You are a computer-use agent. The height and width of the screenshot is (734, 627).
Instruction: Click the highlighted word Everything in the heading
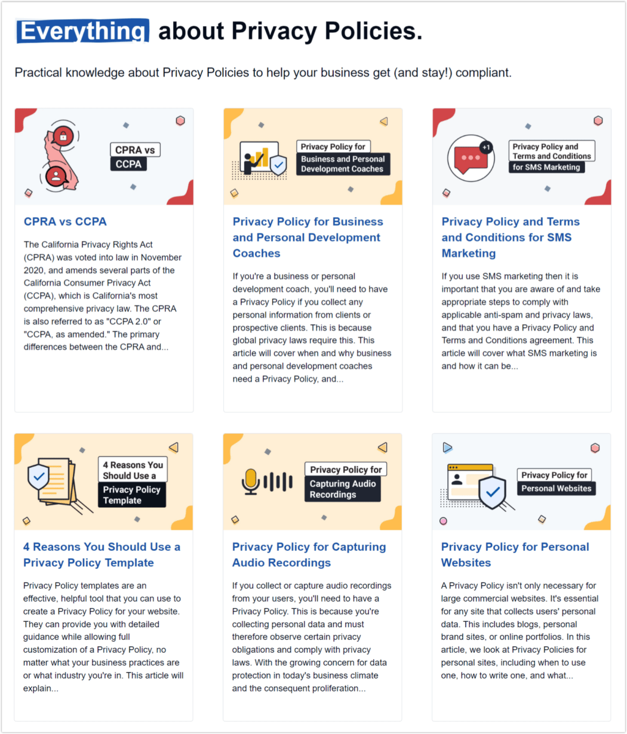pyautogui.click(x=82, y=31)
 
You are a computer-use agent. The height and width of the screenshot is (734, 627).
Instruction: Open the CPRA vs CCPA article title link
pyautogui.click(x=65, y=221)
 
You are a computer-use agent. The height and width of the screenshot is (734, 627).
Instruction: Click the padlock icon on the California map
pyautogui.click(x=61, y=136)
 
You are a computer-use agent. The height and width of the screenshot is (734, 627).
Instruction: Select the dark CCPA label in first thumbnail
pyautogui.click(x=128, y=164)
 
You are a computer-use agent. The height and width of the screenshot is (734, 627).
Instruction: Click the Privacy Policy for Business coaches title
pyautogui.click(x=308, y=238)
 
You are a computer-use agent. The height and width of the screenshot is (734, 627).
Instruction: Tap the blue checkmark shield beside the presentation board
pyautogui.click(x=278, y=165)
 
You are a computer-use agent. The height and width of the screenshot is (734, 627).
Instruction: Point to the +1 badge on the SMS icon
pyautogui.click(x=486, y=147)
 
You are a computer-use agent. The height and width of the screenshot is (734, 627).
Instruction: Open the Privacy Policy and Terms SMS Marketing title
pyautogui.click(x=511, y=238)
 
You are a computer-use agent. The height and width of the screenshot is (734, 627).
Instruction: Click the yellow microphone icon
pyautogui.click(x=250, y=480)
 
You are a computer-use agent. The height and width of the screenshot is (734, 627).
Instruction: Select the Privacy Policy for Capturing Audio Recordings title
pyautogui.click(x=309, y=554)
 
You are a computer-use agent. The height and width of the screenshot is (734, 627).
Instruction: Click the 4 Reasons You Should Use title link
pyautogui.click(x=102, y=554)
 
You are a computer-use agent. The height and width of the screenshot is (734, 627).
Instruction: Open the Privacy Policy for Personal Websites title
pyautogui.click(x=515, y=554)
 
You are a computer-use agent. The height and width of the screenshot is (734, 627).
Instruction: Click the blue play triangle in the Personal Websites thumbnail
pyautogui.click(x=447, y=447)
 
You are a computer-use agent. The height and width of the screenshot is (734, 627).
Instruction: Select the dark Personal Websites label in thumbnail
pyautogui.click(x=556, y=488)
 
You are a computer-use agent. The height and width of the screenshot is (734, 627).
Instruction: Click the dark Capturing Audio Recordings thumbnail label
pyautogui.click(x=342, y=489)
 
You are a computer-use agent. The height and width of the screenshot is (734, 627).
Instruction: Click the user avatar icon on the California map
pyautogui.click(x=56, y=176)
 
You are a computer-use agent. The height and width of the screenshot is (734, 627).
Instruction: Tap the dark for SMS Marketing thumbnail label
pyautogui.click(x=546, y=167)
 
